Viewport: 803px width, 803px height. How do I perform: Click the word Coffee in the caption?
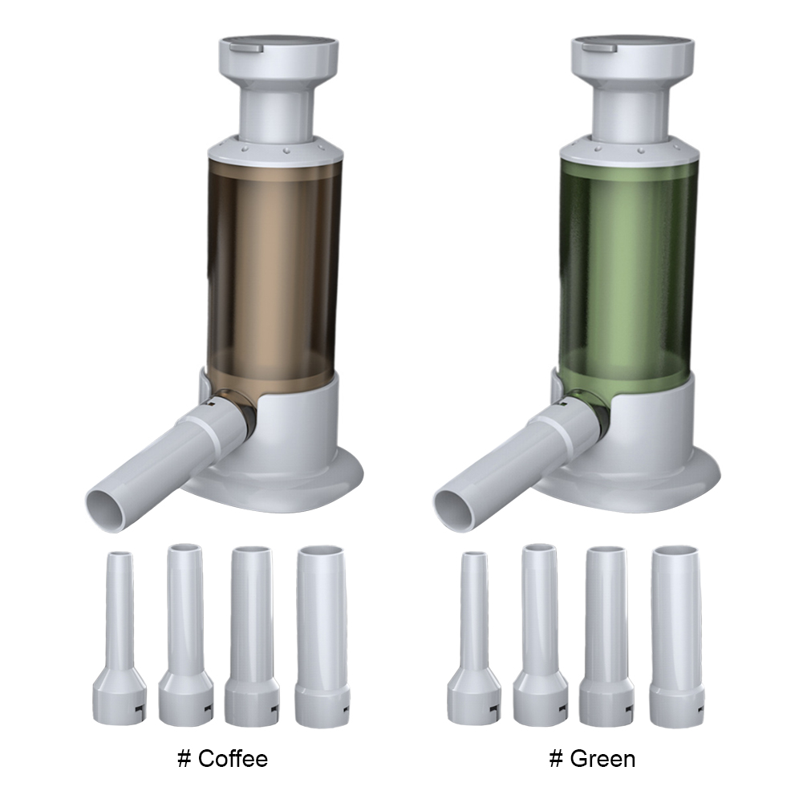click(233, 758)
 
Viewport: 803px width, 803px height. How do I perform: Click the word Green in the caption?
click(602, 758)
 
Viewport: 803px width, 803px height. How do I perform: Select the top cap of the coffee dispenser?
click(278, 56)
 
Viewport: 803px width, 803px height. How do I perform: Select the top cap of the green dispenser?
click(632, 56)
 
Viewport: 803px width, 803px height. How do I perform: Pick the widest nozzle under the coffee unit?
click(322, 635)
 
